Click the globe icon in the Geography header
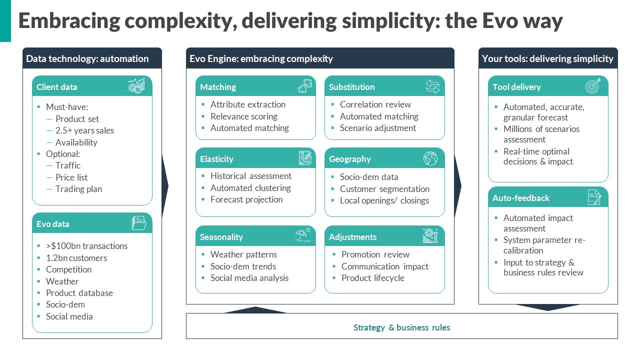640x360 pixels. tap(430, 158)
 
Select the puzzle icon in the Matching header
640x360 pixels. tap(305, 85)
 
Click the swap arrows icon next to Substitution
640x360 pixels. tap(432, 86)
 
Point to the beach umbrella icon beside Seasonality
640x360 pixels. tap(303, 235)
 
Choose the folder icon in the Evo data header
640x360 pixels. tap(139, 223)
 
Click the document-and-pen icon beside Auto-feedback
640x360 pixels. tap(594, 197)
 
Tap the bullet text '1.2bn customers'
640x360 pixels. tap(76, 257)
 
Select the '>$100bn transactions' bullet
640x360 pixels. tap(86, 245)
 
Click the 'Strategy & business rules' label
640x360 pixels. tap(401, 327)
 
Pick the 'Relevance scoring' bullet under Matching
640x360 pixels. tap(243, 116)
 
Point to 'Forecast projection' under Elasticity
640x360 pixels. tap(246, 199)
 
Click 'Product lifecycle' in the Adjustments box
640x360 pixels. tap(372, 277)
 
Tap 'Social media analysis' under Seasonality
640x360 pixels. tap(249, 277)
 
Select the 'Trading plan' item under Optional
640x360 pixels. tap(78, 189)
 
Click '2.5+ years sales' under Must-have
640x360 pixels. tap(84, 130)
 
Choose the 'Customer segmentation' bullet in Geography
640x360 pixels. tap(384, 189)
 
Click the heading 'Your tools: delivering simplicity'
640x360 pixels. tap(547, 58)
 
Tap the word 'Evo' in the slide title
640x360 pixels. tap(500, 20)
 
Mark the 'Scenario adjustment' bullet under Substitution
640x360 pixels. tap(377, 128)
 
